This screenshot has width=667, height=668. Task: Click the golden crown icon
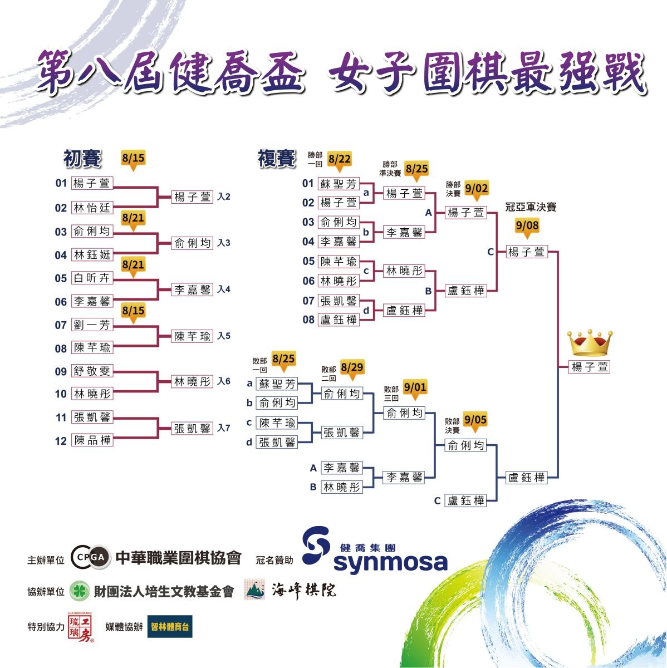(x=590, y=343)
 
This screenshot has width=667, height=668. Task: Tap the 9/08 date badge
(x=527, y=227)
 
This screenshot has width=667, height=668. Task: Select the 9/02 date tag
(x=477, y=190)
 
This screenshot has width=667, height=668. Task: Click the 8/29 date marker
(x=352, y=369)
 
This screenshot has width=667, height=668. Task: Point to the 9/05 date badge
(x=475, y=421)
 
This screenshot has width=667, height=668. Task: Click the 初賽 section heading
(x=82, y=159)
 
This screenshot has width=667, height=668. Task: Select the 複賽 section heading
(x=277, y=159)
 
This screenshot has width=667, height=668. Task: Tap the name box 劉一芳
(x=92, y=325)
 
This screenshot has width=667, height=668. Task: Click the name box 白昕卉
(x=92, y=278)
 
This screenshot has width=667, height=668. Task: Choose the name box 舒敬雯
(x=92, y=371)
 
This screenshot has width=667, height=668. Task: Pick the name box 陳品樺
(x=92, y=440)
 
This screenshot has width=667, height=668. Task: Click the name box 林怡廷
(x=92, y=208)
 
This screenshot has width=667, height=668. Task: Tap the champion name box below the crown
(x=589, y=367)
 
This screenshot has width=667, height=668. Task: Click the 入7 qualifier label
(x=224, y=428)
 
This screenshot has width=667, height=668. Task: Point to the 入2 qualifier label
(x=224, y=197)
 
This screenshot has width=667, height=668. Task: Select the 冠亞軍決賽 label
(x=531, y=207)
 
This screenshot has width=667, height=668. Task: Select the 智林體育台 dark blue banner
(x=170, y=626)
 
